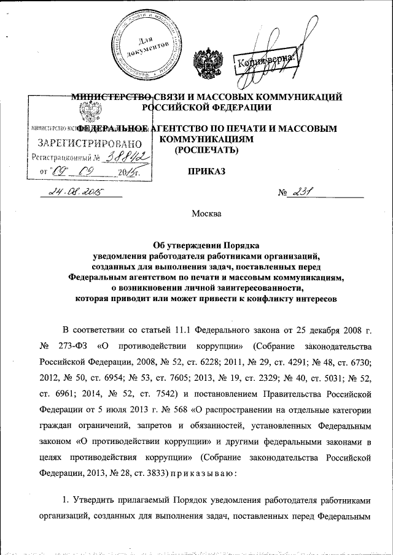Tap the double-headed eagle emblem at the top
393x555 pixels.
(x=204, y=63)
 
